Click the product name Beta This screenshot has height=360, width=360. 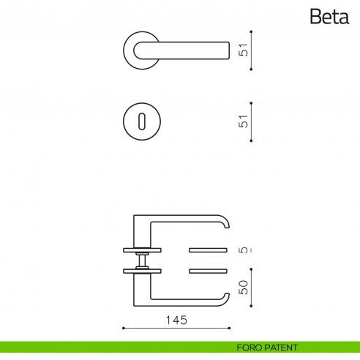(x=329, y=16)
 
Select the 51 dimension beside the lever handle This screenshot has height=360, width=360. (x=244, y=50)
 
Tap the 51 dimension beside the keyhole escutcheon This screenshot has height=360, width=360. (x=244, y=121)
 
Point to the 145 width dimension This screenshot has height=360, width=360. (x=176, y=320)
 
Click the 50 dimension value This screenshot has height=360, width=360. (x=244, y=288)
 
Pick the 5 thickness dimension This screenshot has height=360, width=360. (x=244, y=250)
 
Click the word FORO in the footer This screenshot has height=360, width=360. (x=249, y=347)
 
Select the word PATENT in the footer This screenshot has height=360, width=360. (x=282, y=347)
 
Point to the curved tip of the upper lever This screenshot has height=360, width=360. (x=226, y=222)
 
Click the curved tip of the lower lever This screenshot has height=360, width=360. (x=226, y=295)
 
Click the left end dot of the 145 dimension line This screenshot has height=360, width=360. (x=123, y=328)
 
